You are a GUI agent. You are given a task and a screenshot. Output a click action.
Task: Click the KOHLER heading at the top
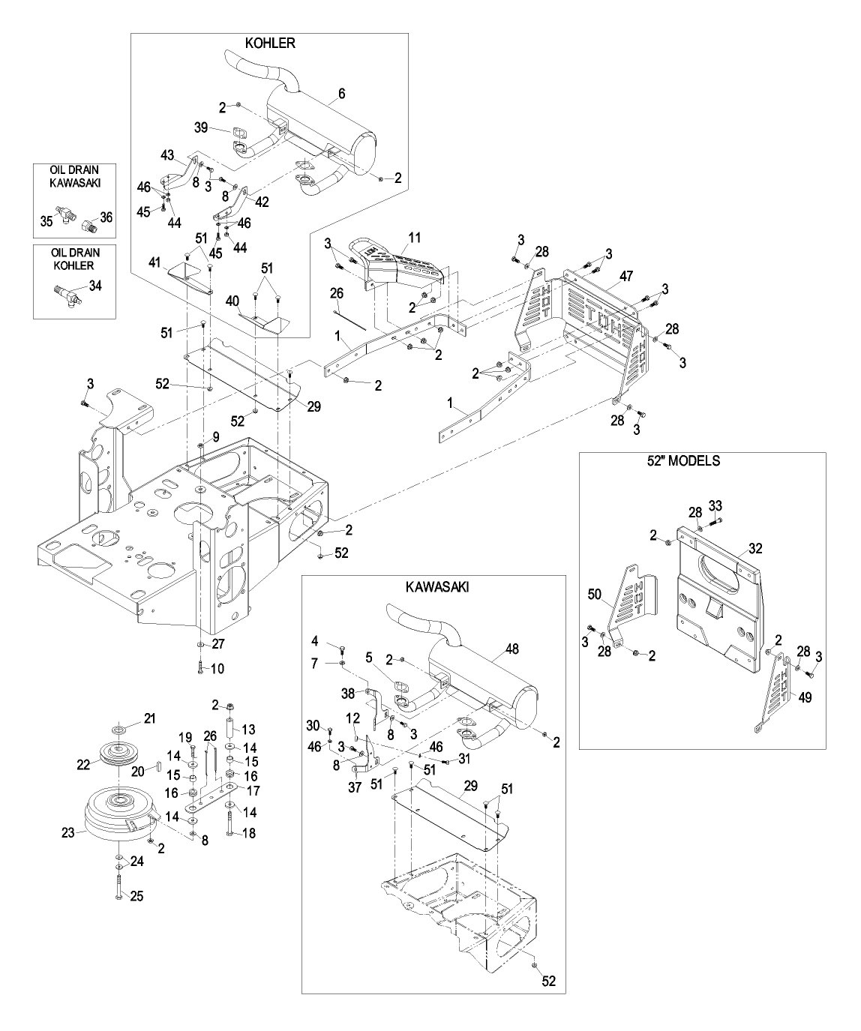point(270,43)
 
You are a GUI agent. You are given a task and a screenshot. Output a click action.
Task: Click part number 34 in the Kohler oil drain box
point(95,285)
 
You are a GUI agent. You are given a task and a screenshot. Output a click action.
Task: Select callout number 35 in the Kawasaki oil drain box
point(46,220)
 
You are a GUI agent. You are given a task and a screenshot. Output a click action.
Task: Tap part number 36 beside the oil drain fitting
point(106,217)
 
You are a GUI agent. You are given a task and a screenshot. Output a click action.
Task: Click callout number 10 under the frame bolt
point(217,668)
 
